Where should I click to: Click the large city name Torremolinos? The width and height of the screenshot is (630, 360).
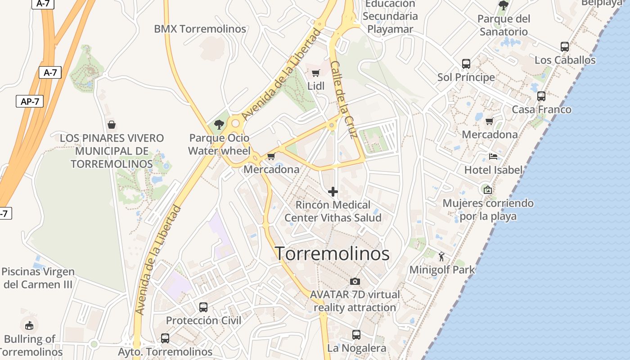[x=332, y=254]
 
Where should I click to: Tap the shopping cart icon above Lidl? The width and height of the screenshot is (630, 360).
[x=315, y=73]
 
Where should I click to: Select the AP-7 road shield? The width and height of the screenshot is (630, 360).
[x=30, y=101]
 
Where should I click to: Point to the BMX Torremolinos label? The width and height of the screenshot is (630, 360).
[x=200, y=29]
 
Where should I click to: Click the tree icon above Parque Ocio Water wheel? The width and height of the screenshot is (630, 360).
[x=219, y=125]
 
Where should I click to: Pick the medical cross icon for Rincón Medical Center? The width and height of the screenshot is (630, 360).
[x=333, y=192]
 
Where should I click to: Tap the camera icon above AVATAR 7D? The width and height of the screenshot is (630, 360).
[x=355, y=282]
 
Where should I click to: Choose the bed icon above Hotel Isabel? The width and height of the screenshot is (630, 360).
[x=493, y=157]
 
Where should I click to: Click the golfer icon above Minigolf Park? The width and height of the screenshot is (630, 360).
[x=441, y=256]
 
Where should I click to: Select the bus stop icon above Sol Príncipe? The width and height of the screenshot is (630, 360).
[x=466, y=64]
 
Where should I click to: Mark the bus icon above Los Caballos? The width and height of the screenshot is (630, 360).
[x=565, y=46]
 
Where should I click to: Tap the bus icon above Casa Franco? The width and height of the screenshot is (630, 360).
[x=541, y=96]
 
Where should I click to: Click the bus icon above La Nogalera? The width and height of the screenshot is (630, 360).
[x=356, y=335]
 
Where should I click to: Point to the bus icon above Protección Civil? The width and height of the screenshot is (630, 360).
[x=203, y=307]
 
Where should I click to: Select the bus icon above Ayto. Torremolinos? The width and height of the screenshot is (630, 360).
[x=165, y=338]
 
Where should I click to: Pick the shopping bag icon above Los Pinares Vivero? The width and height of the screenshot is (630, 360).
[x=112, y=125]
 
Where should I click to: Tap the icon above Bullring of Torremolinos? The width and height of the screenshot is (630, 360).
[x=29, y=324]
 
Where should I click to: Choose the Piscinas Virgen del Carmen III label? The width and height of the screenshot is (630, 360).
[x=38, y=278]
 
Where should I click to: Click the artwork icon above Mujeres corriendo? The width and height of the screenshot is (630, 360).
[x=487, y=190]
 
